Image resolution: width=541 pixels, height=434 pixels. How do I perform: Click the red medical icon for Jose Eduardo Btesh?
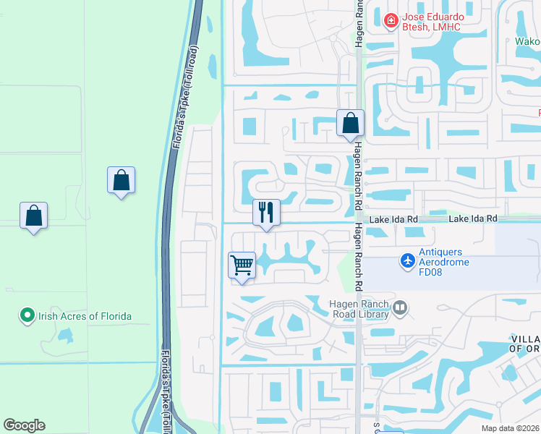[391, 20]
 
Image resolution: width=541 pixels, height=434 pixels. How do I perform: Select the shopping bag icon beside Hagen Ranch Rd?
[350, 124]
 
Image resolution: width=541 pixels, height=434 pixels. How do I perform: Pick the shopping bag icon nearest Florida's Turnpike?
[121, 180]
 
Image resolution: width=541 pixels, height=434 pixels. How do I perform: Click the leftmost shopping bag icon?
[33, 216]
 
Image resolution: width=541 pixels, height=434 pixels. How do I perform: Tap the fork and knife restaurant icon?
[265, 213]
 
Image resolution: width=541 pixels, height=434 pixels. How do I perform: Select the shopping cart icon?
[242, 264]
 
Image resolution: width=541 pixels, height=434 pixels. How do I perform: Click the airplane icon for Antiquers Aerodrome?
[408, 259]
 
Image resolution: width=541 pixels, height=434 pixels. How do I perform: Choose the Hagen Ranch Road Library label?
[359, 309]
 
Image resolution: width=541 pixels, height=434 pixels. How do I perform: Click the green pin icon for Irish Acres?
[27, 315]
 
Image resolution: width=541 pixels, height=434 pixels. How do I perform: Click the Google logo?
[24, 425]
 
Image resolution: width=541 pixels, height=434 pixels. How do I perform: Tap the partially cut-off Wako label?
[527, 41]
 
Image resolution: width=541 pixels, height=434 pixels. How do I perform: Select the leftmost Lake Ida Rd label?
[393, 218]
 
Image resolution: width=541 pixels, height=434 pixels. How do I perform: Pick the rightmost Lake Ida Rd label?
[473, 218]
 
